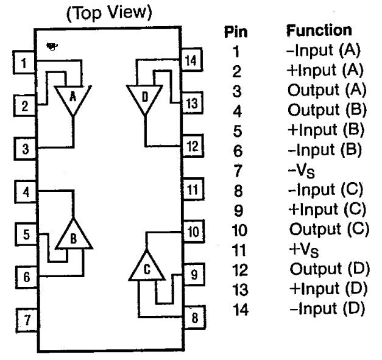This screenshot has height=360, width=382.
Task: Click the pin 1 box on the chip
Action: [24, 62]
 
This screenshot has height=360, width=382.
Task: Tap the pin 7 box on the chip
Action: [27, 320]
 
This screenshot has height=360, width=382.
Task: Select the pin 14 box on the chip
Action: [191, 60]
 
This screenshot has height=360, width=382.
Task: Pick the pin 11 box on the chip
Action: [193, 189]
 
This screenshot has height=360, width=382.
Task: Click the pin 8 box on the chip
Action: [194, 317]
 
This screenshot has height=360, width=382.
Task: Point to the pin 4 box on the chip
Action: [26, 192]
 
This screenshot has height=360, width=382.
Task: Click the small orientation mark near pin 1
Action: [52, 46]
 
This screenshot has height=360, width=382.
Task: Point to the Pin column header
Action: [236, 32]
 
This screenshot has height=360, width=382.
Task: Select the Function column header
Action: [319, 30]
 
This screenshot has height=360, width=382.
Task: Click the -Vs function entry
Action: [301, 171]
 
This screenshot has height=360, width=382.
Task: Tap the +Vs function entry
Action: [303, 250]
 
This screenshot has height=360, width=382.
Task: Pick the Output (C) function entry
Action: [329, 229]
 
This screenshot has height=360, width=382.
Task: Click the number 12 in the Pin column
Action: [240, 270]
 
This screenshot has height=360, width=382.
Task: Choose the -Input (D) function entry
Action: [327, 308]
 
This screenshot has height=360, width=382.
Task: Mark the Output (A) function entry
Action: [327, 90]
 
